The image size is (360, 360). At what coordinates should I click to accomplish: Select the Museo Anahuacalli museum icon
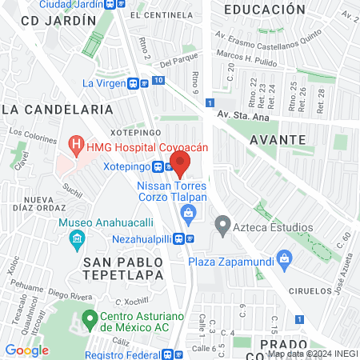(x=77, y=238)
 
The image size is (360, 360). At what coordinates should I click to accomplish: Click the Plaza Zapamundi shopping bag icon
(x=284, y=260)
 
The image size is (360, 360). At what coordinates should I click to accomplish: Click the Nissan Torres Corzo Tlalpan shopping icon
(x=189, y=213)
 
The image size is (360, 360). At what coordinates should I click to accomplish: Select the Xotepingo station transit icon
(x=160, y=167)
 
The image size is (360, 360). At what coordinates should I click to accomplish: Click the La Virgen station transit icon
(x=138, y=82)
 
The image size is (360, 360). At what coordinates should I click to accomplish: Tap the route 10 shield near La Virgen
(x=158, y=81)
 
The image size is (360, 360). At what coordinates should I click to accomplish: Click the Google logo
(x=27, y=350)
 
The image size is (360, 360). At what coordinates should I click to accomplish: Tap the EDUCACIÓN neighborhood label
(x=265, y=10)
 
